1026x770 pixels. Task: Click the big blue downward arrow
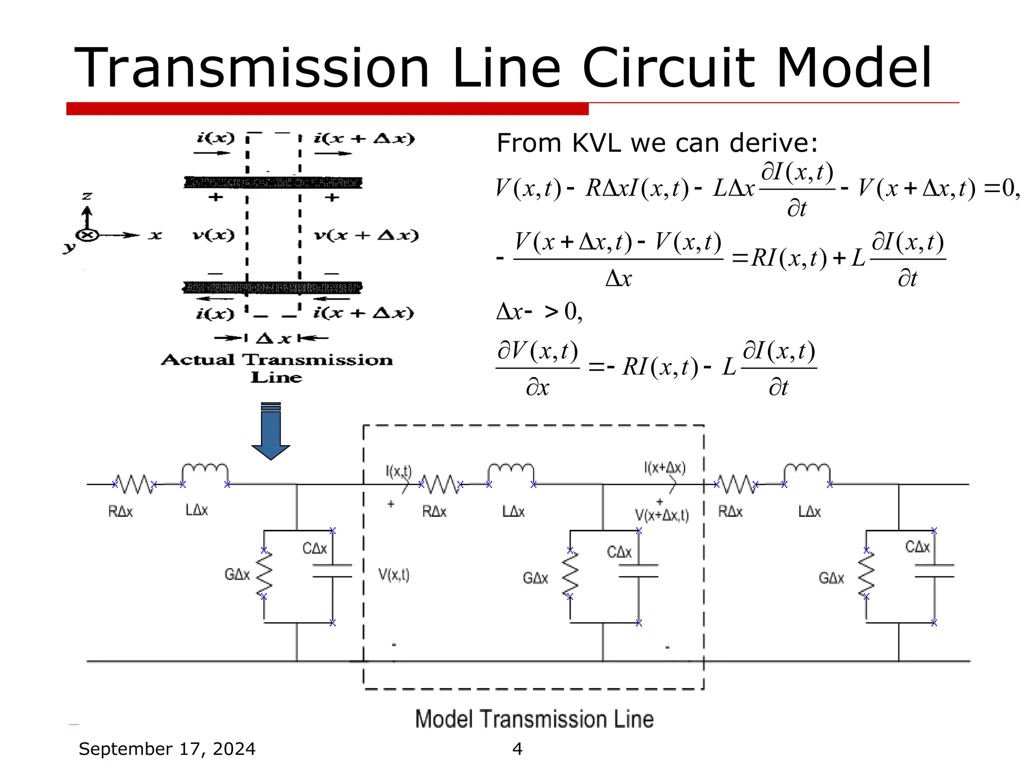point(271,432)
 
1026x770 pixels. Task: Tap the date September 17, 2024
point(167,748)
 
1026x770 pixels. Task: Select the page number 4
point(518,748)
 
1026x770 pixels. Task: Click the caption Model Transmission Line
point(534,719)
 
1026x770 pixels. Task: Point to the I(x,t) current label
point(398,471)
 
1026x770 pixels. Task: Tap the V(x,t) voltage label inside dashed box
point(394,574)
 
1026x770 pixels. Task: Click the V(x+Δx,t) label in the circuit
point(661,515)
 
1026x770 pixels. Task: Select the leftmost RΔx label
point(120,511)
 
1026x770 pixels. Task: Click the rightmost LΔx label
point(809,511)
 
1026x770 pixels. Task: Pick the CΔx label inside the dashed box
point(619,552)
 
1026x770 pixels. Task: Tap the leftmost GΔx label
point(237,574)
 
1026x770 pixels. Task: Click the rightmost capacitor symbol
point(934,571)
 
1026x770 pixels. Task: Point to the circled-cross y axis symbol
point(87,235)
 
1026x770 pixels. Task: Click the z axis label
point(87,196)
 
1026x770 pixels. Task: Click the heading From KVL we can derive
point(657,143)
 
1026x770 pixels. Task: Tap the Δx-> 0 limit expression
point(539,312)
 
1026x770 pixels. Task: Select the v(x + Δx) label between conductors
point(366,235)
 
